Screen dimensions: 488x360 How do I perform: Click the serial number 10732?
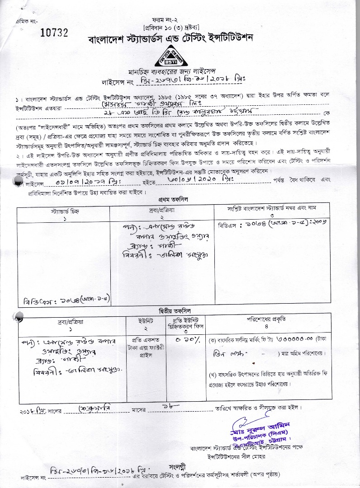click(54, 32)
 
